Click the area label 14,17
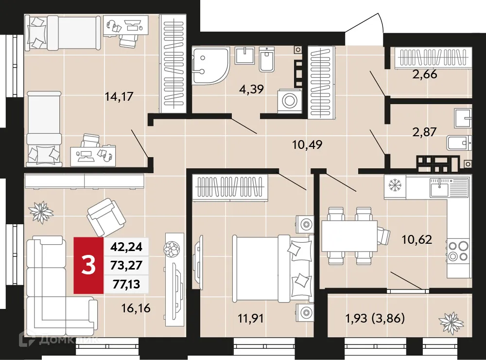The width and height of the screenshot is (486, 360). [119, 96]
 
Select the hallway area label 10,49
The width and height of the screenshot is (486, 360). [307, 144]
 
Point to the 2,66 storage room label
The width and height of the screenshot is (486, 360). [424, 75]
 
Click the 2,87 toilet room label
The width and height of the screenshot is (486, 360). [424, 131]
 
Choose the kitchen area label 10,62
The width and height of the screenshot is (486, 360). [417, 239]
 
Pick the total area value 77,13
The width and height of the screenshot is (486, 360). [126, 285]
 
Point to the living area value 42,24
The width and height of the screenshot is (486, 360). [126, 247]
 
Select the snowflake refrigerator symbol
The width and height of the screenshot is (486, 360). [394, 185]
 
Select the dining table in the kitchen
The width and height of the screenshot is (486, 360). [349, 236]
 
